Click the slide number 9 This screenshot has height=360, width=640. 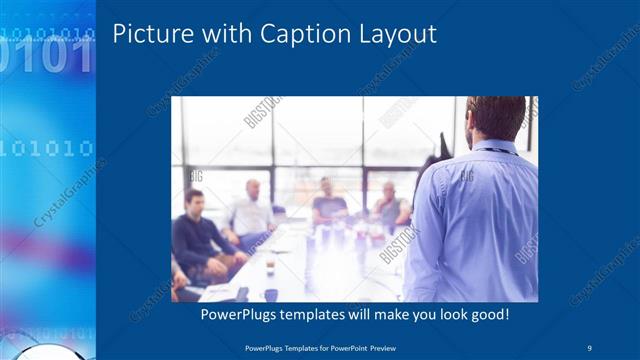[x=590, y=346]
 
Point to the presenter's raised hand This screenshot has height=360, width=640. [x=440, y=146]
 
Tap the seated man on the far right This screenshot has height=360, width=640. [x=390, y=205]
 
